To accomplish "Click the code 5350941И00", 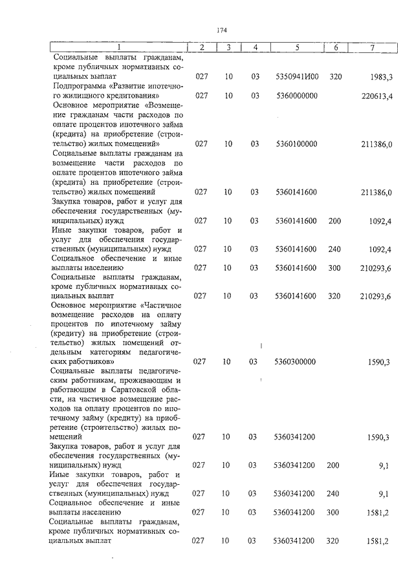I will (297, 77).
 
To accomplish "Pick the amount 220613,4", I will (376, 96).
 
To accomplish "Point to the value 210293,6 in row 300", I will (376, 268).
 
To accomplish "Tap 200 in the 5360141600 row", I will (334, 221).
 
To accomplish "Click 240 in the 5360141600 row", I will (334, 250).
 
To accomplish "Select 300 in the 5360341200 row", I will (334, 513).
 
